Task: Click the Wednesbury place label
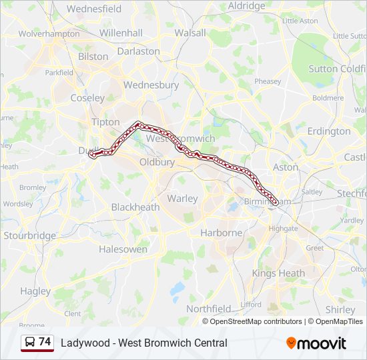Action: click(x=151, y=85)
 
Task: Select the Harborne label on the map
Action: click(x=222, y=233)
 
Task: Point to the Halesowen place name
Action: click(x=123, y=249)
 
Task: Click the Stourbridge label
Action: click(x=30, y=235)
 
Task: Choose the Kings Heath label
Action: click(x=278, y=273)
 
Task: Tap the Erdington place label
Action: click(x=330, y=131)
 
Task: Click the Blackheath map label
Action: click(x=135, y=207)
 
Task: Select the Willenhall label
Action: click(x=121, y=32)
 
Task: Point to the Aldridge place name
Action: click(x=246, y=6)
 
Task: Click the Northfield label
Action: click(x=208, y=309)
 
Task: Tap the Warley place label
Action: click(x=182, y=198)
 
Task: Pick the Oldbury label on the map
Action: click(x=157, y=162)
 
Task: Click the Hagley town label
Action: click(x=35, y=291)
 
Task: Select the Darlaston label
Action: click(x=139, y=51)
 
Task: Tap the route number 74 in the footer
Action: click(x=45, y=342)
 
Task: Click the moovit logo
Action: click(x=316, y=343)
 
